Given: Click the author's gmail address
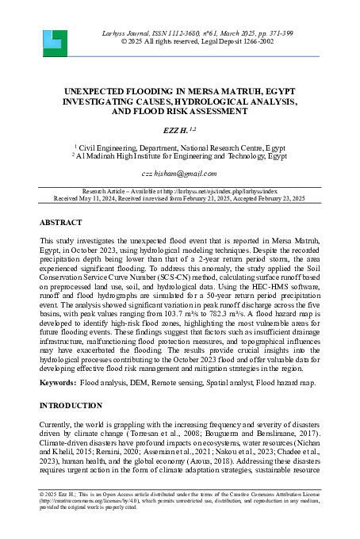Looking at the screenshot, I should coord(179,173).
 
